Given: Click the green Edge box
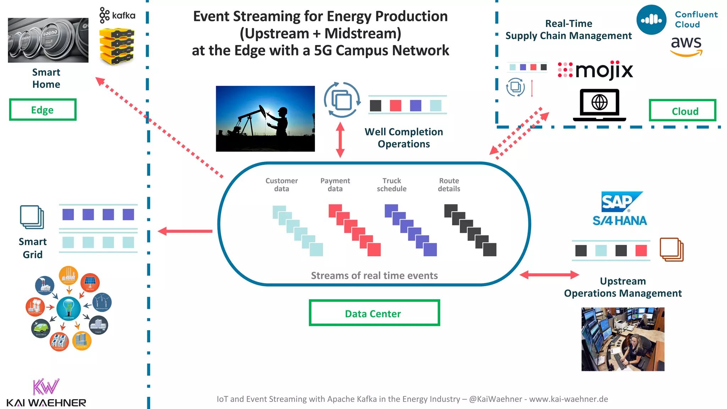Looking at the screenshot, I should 43,110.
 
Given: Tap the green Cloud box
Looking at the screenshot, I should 682,111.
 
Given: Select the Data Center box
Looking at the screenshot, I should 374,313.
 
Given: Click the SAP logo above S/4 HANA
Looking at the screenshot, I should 621,201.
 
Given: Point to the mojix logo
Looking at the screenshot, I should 596,70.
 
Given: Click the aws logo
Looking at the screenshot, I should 686,45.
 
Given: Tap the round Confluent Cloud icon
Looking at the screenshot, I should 651,20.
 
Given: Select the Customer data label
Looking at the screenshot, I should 281,185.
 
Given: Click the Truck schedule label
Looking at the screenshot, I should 392,185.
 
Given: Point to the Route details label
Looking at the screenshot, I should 449,185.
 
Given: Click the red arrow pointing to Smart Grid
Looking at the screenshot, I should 185,231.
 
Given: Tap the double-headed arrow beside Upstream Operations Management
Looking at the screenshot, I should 549,274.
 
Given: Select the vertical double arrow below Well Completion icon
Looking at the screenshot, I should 340,140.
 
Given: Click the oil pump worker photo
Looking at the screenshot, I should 265,119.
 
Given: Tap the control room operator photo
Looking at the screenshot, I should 623,339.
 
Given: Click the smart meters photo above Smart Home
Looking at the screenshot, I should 48,40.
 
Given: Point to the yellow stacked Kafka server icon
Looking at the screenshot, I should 117,47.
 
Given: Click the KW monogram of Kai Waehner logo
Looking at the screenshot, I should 46,387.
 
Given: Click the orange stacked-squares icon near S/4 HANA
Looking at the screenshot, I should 671,250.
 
